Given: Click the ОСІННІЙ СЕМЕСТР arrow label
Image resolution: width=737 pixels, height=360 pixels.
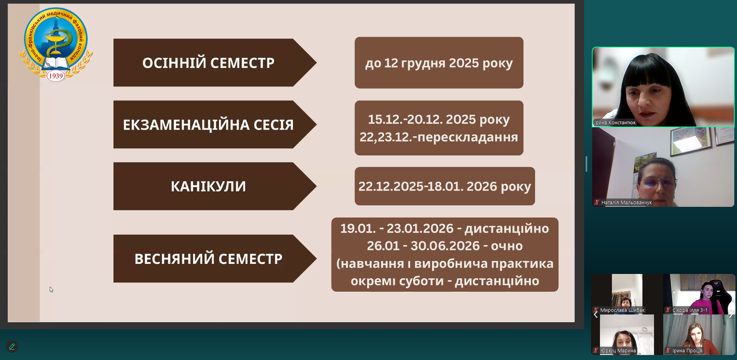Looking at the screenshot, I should [208, 63].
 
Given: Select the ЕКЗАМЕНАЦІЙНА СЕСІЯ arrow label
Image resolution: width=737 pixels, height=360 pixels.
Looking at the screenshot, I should [208, 125].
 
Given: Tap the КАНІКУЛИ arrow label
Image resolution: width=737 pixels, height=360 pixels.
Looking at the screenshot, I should [208, 186].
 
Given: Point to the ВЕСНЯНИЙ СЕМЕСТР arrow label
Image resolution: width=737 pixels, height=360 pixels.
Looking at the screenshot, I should [208, 259].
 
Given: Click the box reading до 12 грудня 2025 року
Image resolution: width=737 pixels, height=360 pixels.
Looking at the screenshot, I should [439, 63].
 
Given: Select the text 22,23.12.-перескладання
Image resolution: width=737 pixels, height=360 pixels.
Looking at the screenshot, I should [439, 137].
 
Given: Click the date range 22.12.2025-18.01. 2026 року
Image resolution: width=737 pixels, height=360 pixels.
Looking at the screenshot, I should [445, 186].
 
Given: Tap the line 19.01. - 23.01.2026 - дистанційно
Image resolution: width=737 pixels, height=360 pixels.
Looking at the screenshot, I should [445, 228].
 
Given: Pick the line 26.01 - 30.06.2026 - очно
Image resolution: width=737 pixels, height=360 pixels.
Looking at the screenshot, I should [445, 246].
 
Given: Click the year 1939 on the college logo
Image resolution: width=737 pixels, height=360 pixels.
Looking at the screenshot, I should [56, 76].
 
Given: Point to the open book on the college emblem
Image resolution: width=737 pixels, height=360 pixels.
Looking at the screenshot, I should [56, 63].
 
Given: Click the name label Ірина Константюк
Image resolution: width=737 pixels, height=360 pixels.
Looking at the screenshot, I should [615, 122].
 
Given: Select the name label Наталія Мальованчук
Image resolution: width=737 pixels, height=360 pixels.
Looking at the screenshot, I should [626, 203].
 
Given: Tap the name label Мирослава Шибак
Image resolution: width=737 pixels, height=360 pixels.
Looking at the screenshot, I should [622, 310].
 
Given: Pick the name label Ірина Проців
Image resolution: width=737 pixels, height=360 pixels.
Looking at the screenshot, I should [687, 351].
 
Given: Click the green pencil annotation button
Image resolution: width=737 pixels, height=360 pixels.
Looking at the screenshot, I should [12, 347].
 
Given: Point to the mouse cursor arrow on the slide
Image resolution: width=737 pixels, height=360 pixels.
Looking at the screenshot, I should [51, 289].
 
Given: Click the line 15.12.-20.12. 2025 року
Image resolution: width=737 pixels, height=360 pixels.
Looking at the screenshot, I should [439, 120].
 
